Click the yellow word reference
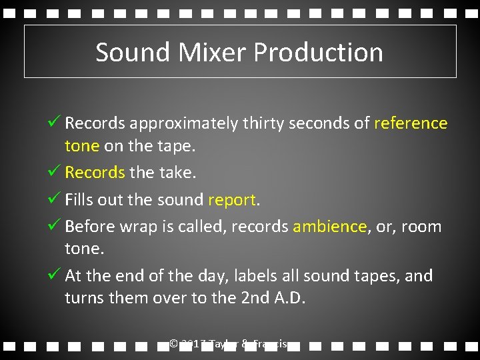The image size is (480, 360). pos(411,123)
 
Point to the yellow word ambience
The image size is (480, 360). pos(329,227)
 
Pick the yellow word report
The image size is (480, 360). pos(232,200)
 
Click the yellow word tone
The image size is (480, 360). pos(81,146)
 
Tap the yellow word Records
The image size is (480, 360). pos(95,173)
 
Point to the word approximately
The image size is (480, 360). pos(183,123)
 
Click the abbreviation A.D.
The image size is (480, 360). pos(289,298)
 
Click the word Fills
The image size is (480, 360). pos(81,200)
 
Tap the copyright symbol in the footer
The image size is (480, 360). pos(173,344)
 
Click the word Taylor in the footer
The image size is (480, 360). pos(222,344)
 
